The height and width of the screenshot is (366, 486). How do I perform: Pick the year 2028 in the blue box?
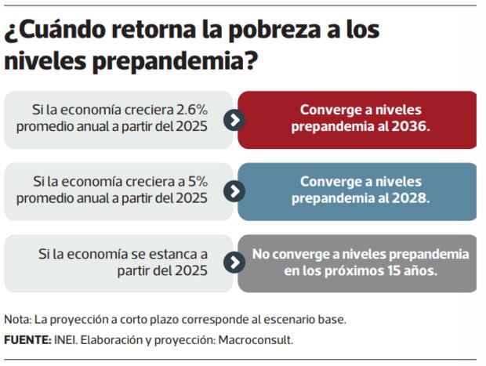(408, 198)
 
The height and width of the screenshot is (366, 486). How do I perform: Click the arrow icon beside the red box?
(233, 120)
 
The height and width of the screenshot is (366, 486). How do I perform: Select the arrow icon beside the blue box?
(233, 191)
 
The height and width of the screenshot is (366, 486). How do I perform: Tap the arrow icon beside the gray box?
(233, 263)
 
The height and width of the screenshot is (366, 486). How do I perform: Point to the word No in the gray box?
(260, 255)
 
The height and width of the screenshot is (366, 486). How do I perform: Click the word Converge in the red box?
(328, 111)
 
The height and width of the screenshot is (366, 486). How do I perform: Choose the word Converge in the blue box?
(328, 182)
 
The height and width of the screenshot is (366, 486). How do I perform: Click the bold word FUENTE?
(25, 340)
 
